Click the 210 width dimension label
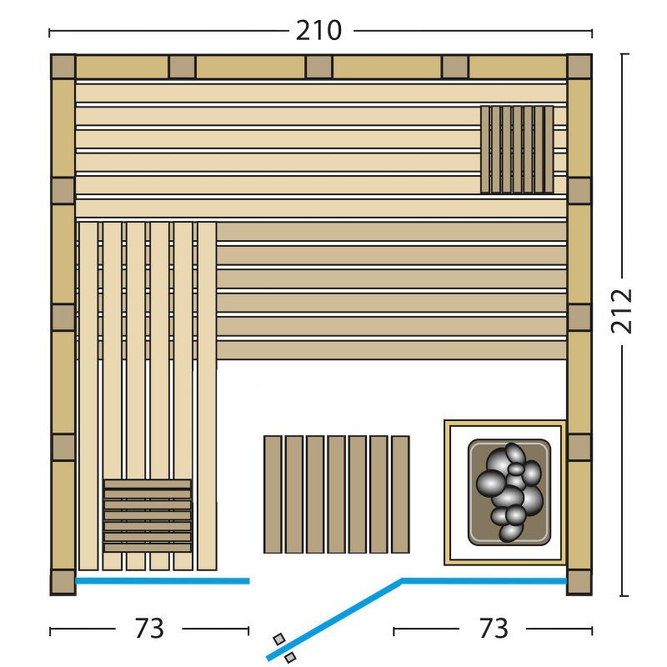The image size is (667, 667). [x=318, y=31]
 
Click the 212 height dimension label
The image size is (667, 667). [x=621, y=311]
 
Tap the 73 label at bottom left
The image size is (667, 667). [x=149, y=628]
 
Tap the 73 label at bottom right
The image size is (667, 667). [x=494, y=628]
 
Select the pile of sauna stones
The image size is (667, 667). [x=509, y=492]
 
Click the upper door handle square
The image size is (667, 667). [x=279, y=639]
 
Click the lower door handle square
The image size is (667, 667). [x=290, y=657]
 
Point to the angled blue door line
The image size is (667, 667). [x=334, y=619]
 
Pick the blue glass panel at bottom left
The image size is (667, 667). [x=162, y=580]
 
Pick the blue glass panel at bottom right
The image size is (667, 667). [x=484, y=580]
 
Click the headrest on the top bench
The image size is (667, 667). [x=517, y=150]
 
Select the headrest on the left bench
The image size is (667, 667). [x=148, y=515]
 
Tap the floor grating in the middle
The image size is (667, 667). [x=337, y=494]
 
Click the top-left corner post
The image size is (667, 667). [x=63, y=67]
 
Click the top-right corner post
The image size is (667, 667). [x=579, y=67]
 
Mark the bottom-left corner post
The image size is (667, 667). [x=63, y=582]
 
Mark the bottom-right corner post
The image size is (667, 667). [x=579, y=582]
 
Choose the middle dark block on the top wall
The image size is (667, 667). [x=318, y=67]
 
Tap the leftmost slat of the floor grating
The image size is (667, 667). [x=273, y=494]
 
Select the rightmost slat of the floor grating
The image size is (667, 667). [x=400, y=494]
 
